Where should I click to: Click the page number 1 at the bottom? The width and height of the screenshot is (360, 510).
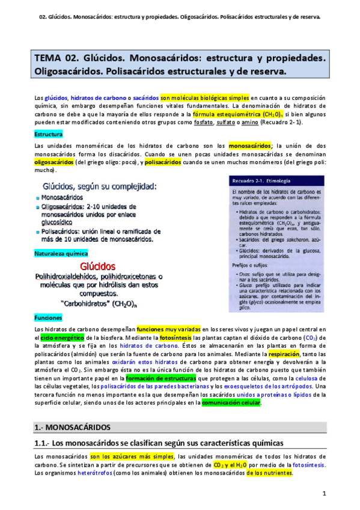click(324, 494)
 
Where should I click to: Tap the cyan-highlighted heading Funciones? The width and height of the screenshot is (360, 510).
click(48, 317)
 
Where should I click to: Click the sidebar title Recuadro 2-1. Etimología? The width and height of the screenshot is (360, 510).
click(264, 180)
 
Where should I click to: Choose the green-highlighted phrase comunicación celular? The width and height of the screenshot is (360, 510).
click(231, 403)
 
